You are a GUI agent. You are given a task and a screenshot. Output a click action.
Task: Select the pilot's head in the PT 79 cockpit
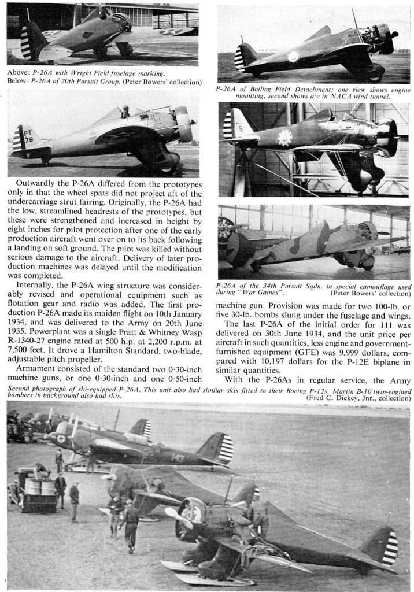(x=125, y=112)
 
